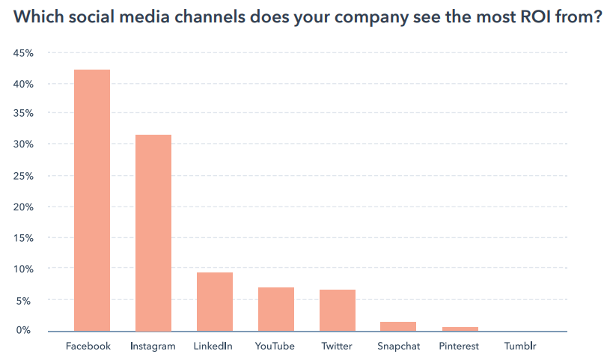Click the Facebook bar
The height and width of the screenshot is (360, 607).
tap(92, 200)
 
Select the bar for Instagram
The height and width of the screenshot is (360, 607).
tap(153, 233)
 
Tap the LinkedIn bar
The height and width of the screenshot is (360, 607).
tap(215, 302)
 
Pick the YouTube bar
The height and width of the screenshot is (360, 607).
tap(275, 309)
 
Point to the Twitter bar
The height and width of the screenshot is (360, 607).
tap(337, 310)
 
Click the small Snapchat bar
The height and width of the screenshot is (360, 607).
tap(398, 326)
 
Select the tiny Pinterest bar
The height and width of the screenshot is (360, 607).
tap(459, 329)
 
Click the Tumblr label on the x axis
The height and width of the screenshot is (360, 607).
tap(520, 347)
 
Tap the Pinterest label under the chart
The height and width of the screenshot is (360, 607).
tap(459, 347)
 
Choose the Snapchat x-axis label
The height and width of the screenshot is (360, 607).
tap(398, 347)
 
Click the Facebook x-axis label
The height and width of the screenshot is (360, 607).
tap(88, 347)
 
